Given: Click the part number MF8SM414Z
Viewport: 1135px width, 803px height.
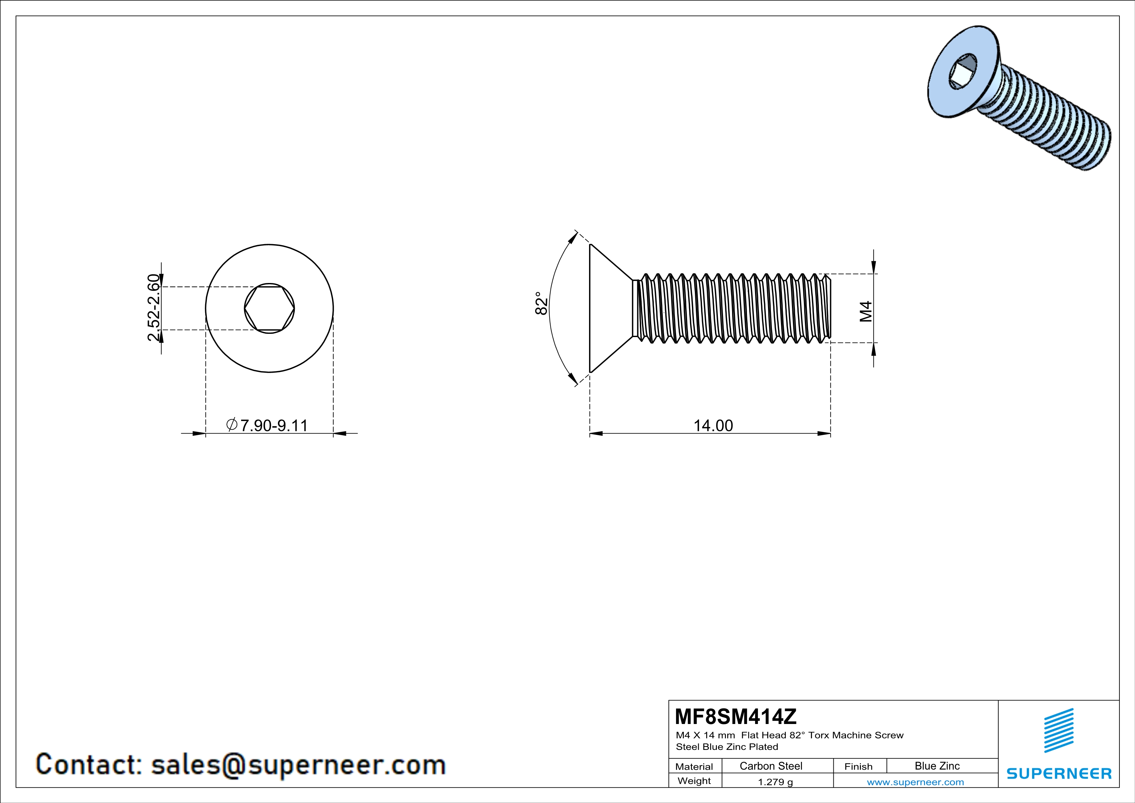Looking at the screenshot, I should click(x=736, y=717).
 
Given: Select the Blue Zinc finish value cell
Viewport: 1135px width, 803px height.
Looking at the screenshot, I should click(x=937, y=766).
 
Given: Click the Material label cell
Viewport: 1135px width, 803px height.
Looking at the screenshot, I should click(x=694, y=766).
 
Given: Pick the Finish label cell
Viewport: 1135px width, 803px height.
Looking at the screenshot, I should click(x=858, y=766).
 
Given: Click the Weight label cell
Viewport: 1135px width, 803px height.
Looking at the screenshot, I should click(x=694, y=781).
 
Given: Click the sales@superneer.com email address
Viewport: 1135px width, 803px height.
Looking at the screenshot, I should click(x=298, y=764).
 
